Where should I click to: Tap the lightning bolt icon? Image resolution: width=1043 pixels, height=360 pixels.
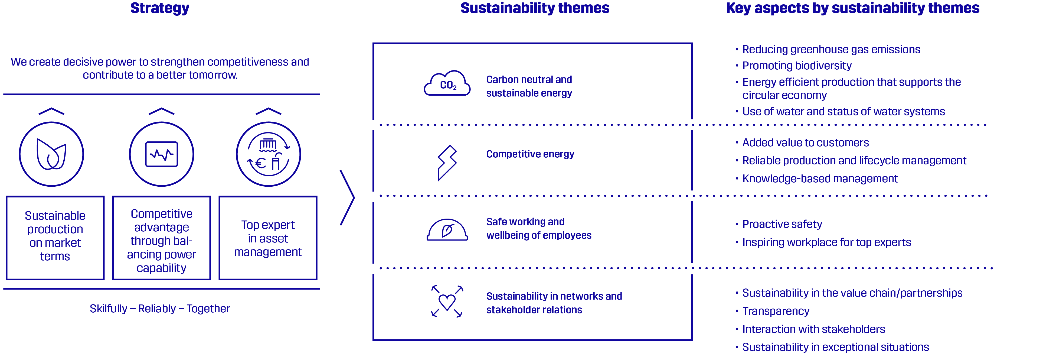click(447, 163)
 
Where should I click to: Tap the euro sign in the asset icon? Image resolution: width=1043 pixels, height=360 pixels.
click(260, 163)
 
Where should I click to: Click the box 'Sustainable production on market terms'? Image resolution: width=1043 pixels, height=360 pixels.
click(55, 238)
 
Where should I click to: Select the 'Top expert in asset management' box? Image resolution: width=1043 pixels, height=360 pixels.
click(268, 238)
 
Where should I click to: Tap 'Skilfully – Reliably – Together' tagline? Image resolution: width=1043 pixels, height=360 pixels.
click(159, 309)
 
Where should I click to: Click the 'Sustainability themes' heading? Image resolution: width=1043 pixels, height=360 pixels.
click(535, 8)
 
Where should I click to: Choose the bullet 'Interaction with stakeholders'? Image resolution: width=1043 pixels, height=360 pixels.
click(813, 329)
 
